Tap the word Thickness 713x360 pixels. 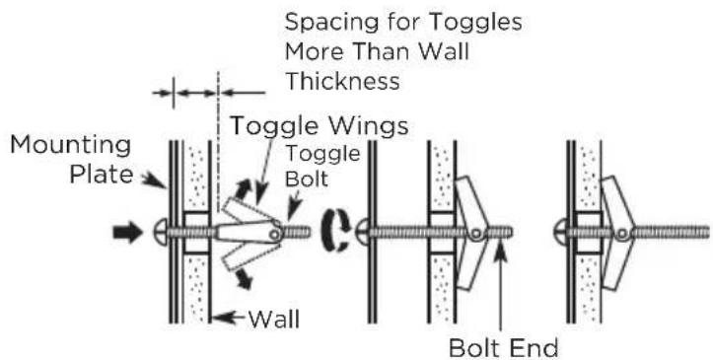point(342,81)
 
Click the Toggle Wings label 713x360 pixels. point(320,126)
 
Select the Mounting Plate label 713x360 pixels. point(71,160)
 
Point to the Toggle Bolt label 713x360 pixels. point(322,167)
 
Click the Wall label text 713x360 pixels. point(274,319)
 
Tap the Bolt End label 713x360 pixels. point(503,348)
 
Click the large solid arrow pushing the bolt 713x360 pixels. point(128,233)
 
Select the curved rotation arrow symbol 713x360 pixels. point(335,232)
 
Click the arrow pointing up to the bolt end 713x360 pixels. point(500,288)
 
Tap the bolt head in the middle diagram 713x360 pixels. point(361,232)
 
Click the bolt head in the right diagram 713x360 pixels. point(561,232)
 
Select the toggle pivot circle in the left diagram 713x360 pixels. point(274,234)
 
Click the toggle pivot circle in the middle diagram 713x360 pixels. point(476,234)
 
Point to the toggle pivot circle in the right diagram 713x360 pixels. point(622,234)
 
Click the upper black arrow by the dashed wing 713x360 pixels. point(243,187)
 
